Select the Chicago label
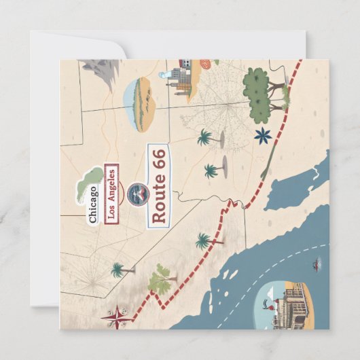coord(93,204)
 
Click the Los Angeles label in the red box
coord(110,193)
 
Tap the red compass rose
coord(116,315)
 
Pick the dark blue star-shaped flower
coord(262,135)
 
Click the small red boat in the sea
coord(317,262)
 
